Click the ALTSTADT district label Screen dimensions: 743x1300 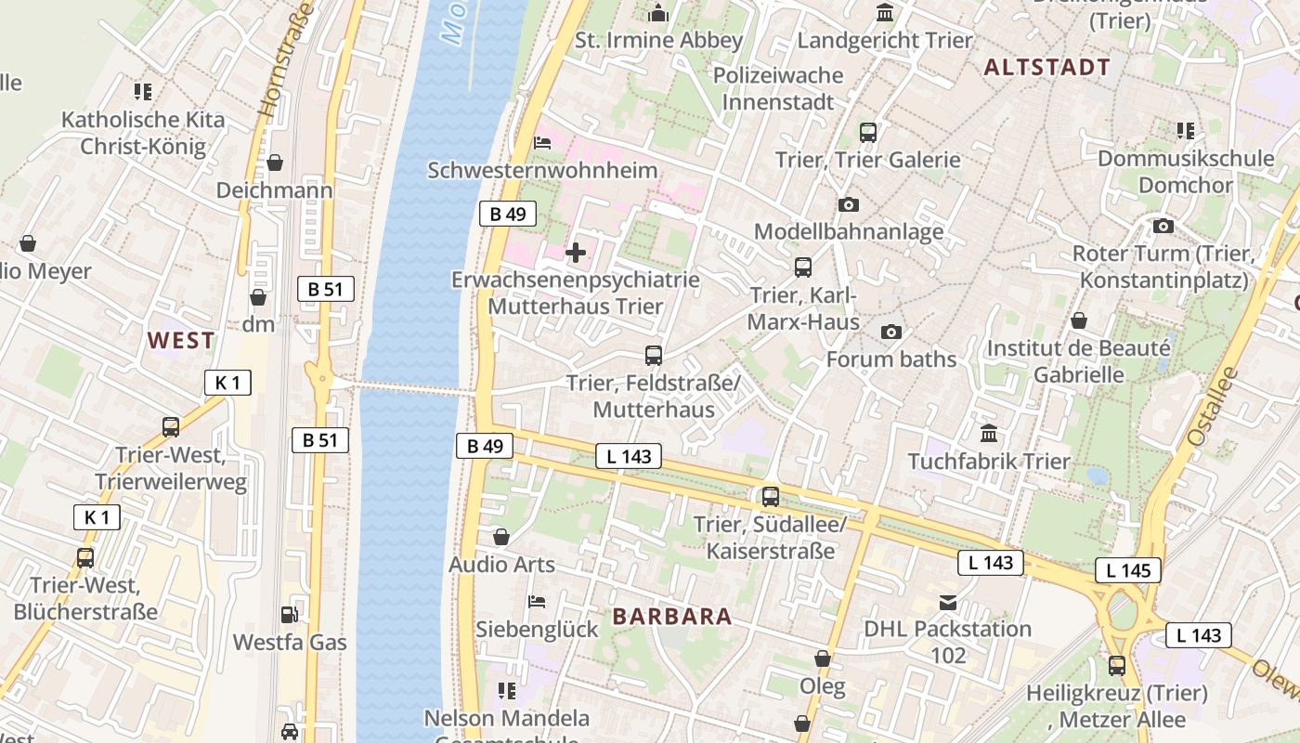coord(1046,67)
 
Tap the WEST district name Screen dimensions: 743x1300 coord(181,341)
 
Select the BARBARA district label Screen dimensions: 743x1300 coord(672,616)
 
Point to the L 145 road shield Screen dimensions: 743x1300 coord(1128,570)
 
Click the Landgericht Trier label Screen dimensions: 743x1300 coord(884,40)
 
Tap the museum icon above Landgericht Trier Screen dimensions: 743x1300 coord(885,13)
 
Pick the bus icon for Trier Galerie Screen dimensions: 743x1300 coord(868,132)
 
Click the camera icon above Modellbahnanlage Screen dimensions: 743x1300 coord(848,204)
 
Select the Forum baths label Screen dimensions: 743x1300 coord(890,359)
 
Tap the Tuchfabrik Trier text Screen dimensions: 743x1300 coord(988,462)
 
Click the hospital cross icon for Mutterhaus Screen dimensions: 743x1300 coord(576,252)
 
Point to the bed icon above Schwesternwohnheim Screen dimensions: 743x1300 coord(543,143)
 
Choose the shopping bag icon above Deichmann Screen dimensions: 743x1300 coord(275,163)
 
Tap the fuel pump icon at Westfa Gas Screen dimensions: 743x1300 coord(290,615)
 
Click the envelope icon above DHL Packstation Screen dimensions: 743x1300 coord(947,603)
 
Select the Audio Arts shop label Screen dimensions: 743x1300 coord(501,565)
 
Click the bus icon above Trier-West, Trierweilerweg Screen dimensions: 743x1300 coord(171,427)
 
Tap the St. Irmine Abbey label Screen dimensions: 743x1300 coord(659,40)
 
